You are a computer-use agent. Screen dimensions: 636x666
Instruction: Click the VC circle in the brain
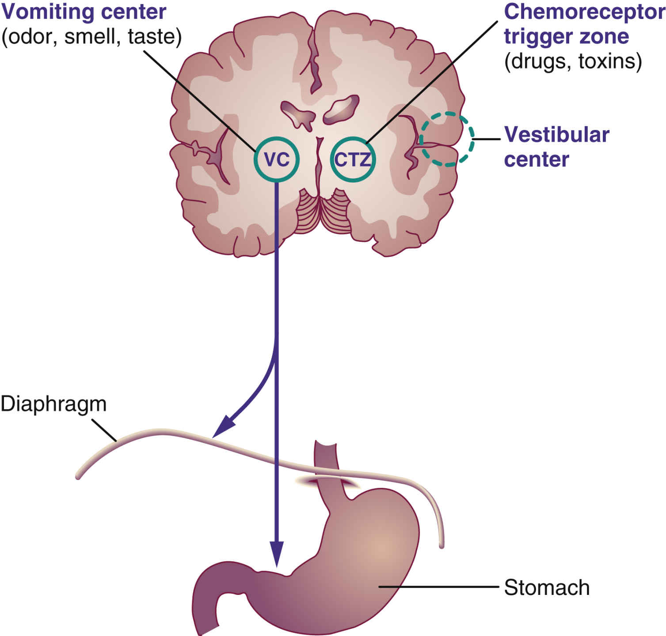tap(277, 159)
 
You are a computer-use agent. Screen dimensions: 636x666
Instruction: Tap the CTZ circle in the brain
tap(353, 160)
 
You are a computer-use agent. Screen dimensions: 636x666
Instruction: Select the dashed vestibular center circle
tap(446, 139)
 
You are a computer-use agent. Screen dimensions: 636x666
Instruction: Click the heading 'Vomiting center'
tap(84, 12)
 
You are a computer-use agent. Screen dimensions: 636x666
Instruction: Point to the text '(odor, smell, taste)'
tap(91, 37)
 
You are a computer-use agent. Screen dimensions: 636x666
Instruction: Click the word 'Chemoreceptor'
tap(583, 12)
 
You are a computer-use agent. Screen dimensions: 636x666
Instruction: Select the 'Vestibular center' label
tap(556, 147)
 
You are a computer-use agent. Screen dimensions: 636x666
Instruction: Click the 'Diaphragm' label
tap(53, 404)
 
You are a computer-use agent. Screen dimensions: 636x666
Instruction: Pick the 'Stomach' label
tap(547, 588)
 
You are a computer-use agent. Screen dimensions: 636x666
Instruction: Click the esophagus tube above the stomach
tap(326, 460)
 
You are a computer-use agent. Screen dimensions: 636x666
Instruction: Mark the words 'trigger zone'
tap(566, 37)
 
